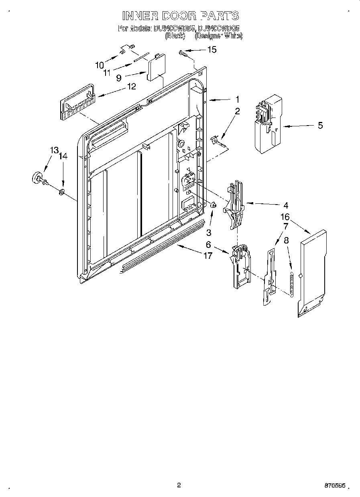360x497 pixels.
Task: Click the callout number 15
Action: pos(211,50)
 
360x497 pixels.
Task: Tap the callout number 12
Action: pos(131,86)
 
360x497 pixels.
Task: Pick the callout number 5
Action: pos(320,126)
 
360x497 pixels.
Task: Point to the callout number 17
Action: pos(207,256)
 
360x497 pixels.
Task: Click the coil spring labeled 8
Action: pos(291,283)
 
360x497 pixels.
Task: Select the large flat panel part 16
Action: pos(311,273)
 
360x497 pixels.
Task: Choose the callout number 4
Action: pos(285,205)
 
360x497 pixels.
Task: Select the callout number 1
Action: pos(238,99)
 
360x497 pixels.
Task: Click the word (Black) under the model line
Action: pos(175,36)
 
